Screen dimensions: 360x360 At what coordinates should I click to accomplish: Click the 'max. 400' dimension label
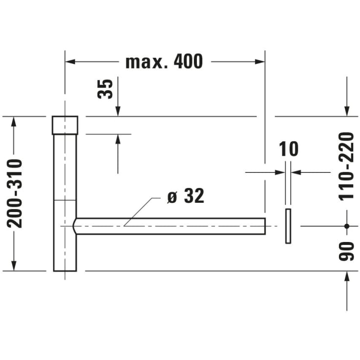click(164, 62)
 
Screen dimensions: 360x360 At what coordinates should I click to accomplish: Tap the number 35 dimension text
click(105, 89)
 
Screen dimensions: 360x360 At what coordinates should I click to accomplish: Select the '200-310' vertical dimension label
click(15, 193)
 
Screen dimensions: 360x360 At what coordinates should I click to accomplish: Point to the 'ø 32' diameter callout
click(186, 196)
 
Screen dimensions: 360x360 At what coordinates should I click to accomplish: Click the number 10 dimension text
click(288, 149)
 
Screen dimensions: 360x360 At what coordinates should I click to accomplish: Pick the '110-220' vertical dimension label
click(347, 167)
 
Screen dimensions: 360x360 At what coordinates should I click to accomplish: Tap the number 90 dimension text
click(347, 251)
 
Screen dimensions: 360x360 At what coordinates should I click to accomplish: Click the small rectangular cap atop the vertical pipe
click(65, 125)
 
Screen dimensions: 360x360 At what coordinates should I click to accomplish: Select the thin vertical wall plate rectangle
click(288, 226)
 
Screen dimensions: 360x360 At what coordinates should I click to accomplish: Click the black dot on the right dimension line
click(347, 226)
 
